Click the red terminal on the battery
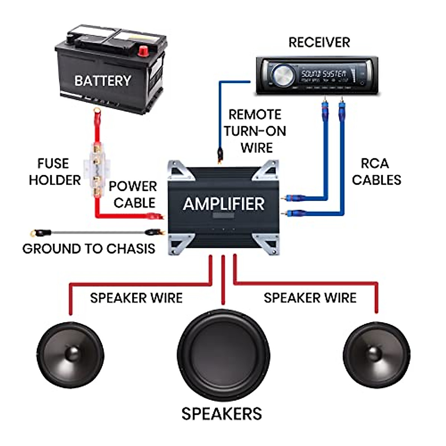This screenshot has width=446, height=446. coord(143,51)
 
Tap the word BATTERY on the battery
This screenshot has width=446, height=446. coord(103,81)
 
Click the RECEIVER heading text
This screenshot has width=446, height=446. coord(319,42)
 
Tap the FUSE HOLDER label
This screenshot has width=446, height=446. coord(54,172)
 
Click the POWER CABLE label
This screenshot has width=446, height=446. coord(133,194)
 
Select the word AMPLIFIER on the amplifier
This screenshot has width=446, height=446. coord(224,204)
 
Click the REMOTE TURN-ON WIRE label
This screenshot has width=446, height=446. coord(255,131)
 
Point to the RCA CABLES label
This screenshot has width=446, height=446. coord(376,172)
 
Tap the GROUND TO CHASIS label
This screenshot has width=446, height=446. coord(89,249)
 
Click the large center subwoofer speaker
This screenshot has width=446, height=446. coord(223,355)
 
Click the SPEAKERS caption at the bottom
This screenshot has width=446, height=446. coord(222,414)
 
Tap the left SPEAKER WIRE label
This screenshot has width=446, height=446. coord(136,298)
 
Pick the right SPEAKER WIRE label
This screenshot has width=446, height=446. coord(310,298)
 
